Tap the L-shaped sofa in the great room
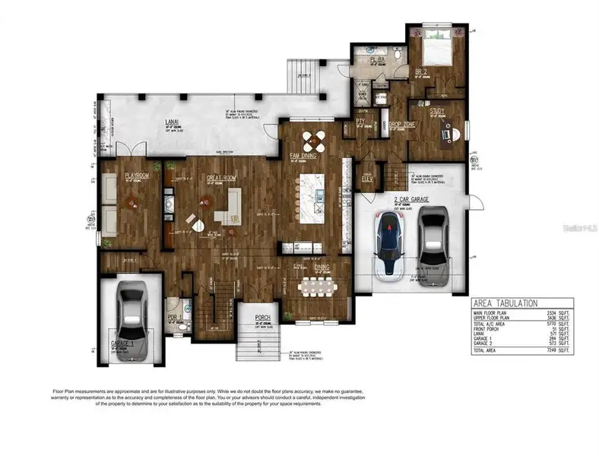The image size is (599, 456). pos(228,204)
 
